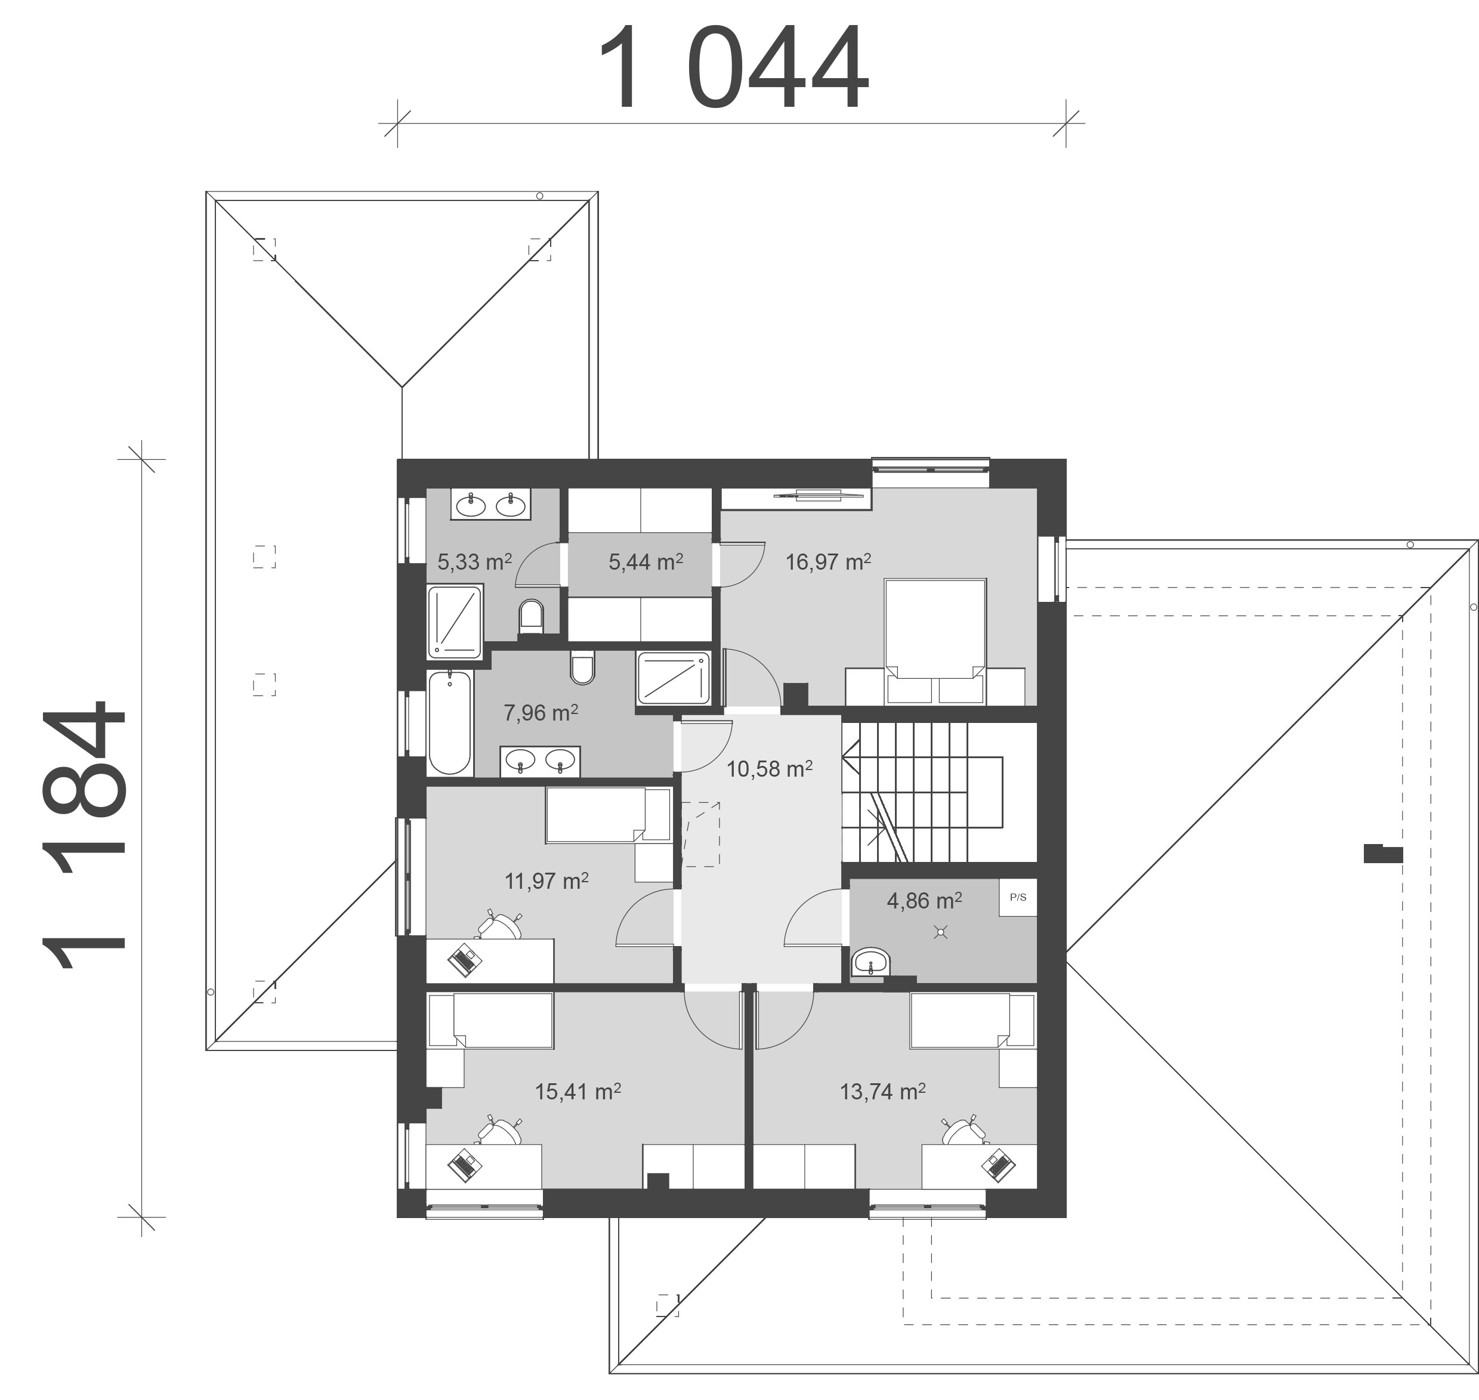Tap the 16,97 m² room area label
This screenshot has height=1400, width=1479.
[828, 561]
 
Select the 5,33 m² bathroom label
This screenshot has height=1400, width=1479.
[474, 561]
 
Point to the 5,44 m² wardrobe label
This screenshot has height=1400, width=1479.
[646, 561]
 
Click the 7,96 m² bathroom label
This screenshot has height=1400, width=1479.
[541, 713]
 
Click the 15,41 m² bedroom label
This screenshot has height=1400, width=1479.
[578, 1092]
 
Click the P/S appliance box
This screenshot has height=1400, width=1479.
[1018, 897]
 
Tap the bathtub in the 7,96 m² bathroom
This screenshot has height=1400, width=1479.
[450, 722]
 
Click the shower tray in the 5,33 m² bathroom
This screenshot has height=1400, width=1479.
[455, 622]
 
